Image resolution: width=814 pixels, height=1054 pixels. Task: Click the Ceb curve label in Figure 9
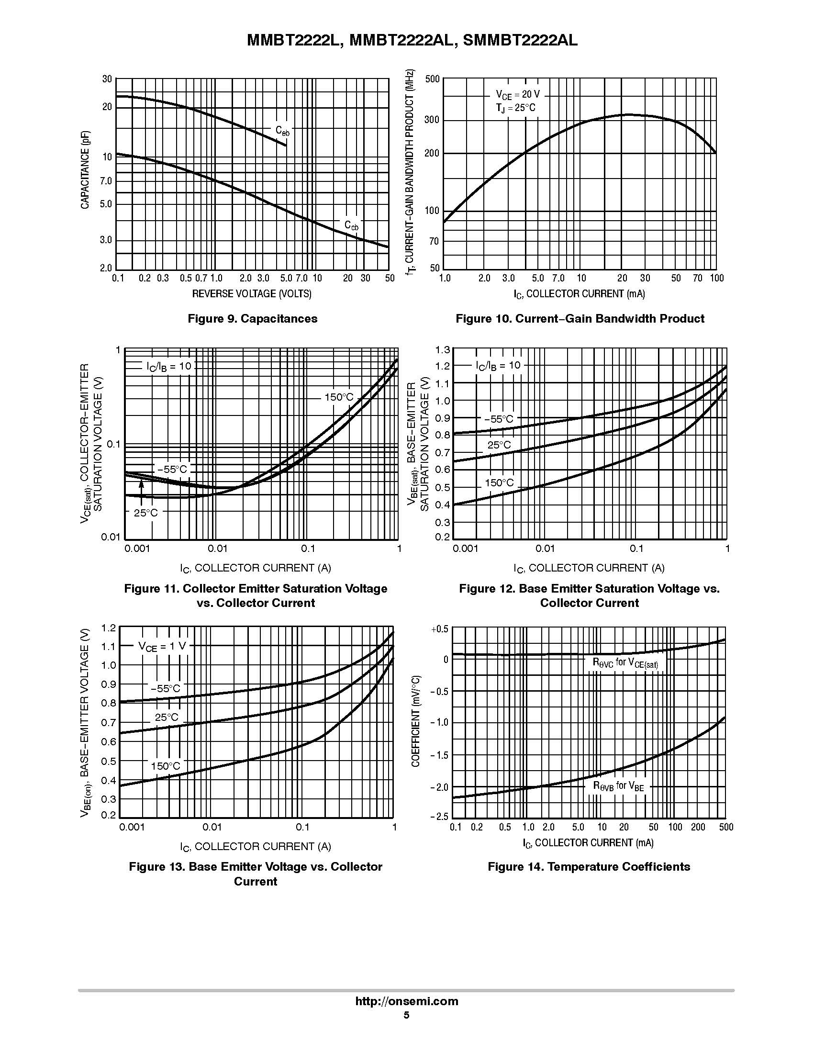pyautogui.click(x=282, y=131)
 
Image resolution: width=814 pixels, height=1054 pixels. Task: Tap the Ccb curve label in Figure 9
pyautogui.click(x=351, y=225)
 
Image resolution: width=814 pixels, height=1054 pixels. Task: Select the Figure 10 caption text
pyautogui.click(x=580, y=318)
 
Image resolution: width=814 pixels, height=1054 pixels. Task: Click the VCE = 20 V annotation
pyautogui.click(x=517, y=95)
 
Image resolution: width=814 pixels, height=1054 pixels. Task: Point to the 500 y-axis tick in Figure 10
pyautogui.click(x=432, y=79)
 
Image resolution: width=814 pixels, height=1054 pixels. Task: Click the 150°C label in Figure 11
pyautogui.click(x=339, y=397)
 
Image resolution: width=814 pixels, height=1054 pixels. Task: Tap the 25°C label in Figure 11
pyautogui.click(x=146, y=513)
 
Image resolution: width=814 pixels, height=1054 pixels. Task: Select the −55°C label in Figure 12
pyautogui.click(x=499, y=419)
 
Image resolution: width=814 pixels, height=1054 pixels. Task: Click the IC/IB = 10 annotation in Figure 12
pyautogui.click(x=498, y=365)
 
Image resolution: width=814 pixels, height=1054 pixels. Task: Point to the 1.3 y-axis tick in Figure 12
pyautogui.click(x=443, y=349)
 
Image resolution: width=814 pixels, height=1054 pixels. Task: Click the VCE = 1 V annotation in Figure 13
pyautogui.click(x=162, y=646)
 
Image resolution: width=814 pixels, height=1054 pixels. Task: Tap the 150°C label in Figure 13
pyautogui.click(x=165, y=766)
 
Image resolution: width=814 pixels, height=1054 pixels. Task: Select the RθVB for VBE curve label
pyautogui.click(x=618, y=786)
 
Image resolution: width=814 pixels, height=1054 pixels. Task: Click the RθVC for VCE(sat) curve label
pyautogui.click(x=625, y=662)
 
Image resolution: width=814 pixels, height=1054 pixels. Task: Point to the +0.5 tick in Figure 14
pyautogui.click(x=439, y=629)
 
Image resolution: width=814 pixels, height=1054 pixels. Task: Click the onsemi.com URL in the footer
pyautogui.click(x=406, y=1001)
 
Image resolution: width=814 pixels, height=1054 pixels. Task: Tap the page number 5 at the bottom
pyautogui.click(x=406, y=1014)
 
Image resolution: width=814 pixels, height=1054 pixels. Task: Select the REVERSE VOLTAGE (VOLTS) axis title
pyautogui.click(x=252, y=293)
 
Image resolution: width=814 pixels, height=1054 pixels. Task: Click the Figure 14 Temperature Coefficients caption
pyautogui.click(x=589, y=866)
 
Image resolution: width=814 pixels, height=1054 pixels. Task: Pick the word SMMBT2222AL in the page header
pyautogui.click(x=520, y=41)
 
